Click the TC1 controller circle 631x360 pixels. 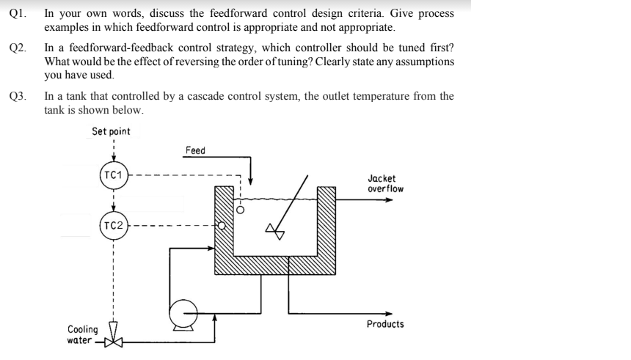113,176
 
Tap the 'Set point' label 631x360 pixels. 112,131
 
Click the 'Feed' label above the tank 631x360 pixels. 196,150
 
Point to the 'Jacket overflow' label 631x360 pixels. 385,183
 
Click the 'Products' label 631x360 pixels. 385,324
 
